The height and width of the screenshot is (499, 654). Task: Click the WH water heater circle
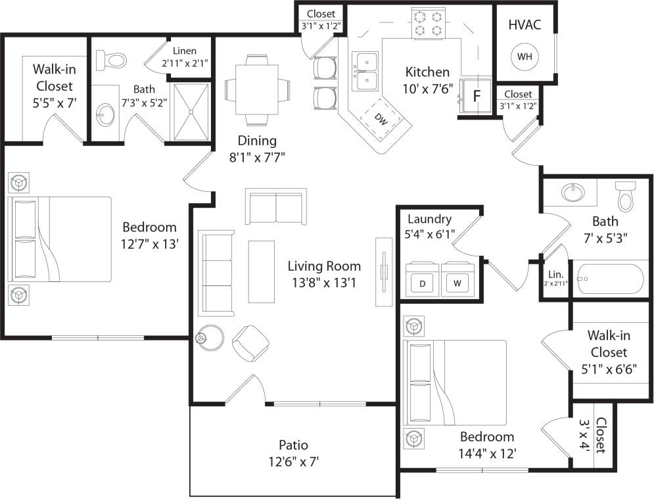point(525,56)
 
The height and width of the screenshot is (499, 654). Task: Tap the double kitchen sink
point(364,71)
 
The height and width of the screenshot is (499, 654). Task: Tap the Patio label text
point(293,445)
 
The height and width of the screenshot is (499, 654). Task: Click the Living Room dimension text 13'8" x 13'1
point(324,283)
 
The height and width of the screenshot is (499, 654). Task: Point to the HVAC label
point(525,24)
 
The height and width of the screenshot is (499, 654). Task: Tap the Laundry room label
point(429,219)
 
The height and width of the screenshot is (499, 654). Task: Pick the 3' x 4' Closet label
point(599,436)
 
